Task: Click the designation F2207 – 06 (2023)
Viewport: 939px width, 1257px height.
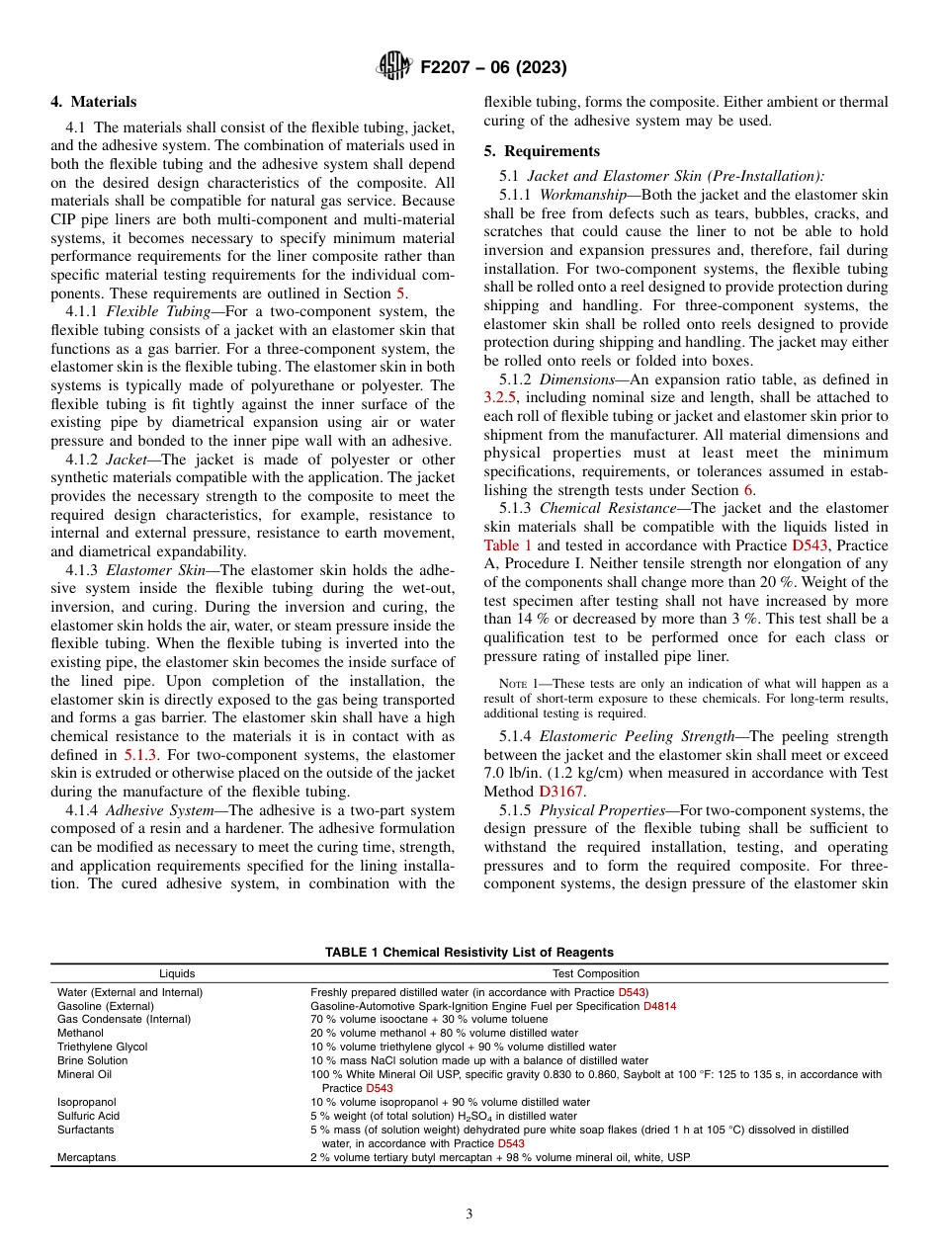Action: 493,68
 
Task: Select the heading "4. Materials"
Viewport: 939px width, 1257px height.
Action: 94,102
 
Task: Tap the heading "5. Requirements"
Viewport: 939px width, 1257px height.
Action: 542,151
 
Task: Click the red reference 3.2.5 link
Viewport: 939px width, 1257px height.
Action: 501,397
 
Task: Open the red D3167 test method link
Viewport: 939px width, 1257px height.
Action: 560,791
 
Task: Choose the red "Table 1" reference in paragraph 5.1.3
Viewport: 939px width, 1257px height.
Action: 508,545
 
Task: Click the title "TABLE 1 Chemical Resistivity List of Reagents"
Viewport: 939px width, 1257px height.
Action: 469,953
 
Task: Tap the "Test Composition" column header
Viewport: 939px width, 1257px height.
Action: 595,973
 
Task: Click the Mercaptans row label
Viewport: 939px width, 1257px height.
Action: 86,1156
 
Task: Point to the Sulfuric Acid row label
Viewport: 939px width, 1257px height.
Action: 88,1116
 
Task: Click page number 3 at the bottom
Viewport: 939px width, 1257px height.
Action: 469,1215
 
